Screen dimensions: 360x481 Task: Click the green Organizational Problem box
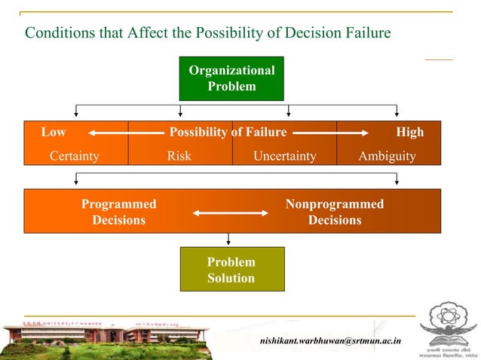tap(231, 78)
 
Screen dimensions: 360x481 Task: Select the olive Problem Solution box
tap(231, 270)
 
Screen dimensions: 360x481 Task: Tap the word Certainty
tap(74, 156)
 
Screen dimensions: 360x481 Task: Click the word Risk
tap(179, 156)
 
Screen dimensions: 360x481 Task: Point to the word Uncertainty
tap(284, 156)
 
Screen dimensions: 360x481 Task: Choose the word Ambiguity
tap(387, 156)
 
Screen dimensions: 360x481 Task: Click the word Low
tap(53, 132)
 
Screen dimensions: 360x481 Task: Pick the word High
tap(409, 132)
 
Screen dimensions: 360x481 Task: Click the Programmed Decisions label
tap(118, 212)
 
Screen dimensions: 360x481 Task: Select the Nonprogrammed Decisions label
tap(334, 212)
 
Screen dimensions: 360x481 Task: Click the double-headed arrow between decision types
tap(230, 213)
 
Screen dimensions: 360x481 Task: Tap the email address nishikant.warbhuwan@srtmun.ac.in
tap(330, 341)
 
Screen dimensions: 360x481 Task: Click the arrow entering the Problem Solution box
tap(228, 239)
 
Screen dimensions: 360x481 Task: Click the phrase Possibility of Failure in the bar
tap(228, 132)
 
